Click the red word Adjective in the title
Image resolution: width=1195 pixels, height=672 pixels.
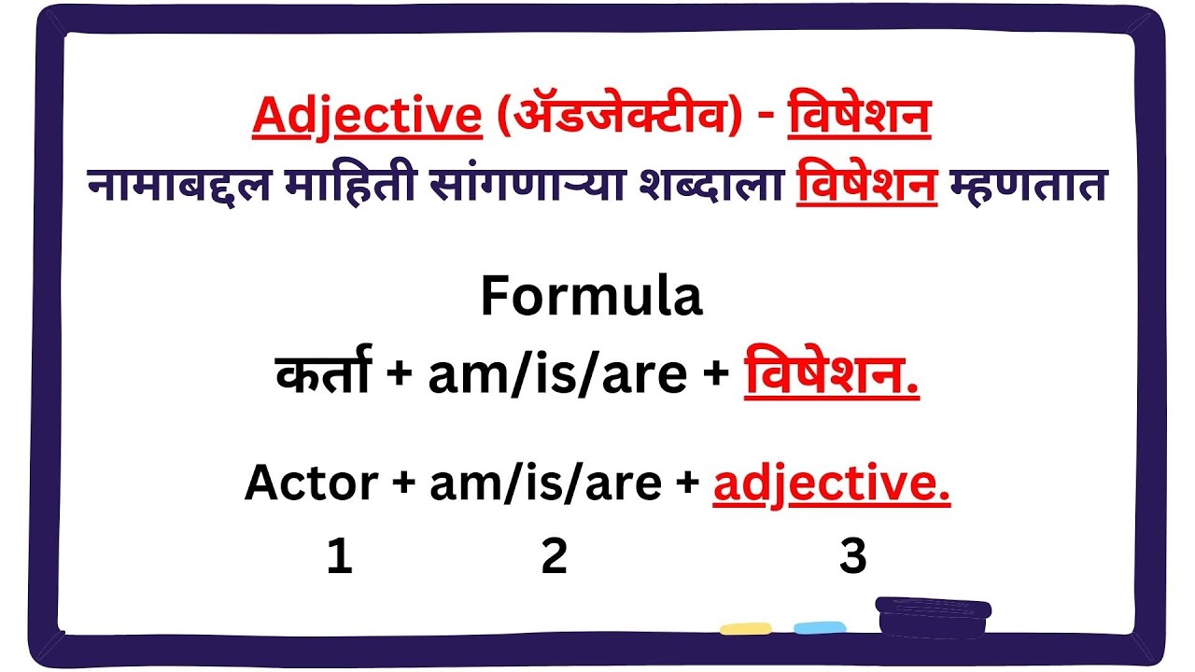pos(366,116)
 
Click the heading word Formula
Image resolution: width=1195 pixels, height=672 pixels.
pos(590,297)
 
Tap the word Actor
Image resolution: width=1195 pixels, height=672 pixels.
pos(311,483)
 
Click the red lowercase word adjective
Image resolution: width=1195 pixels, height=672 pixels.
pos(831,483)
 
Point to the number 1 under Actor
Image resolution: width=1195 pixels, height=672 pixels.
pos(340,557)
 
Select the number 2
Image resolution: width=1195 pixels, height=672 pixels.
pos(555,557)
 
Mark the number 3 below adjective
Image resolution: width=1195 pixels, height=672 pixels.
pos(853,557)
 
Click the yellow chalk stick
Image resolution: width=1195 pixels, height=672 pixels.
pos(745,628)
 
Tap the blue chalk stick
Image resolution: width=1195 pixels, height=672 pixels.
pos(820,628)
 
